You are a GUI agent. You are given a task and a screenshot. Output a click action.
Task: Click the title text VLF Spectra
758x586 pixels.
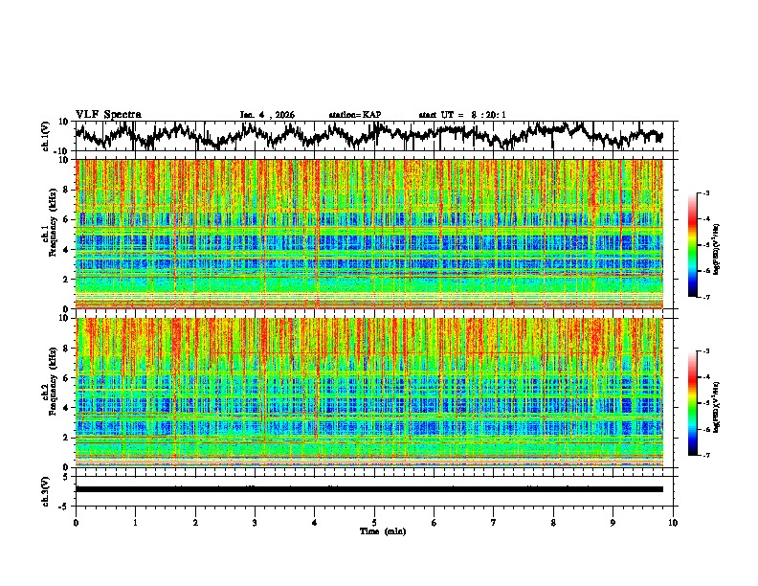point(108,114)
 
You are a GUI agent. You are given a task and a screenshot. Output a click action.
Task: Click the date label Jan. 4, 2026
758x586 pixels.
point(267,115)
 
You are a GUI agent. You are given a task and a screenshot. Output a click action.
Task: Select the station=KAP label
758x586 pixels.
point(354,115)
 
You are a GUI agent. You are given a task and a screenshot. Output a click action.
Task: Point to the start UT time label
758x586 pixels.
point(462,115)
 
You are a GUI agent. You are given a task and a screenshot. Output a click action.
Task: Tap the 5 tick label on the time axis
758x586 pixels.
point(374,522)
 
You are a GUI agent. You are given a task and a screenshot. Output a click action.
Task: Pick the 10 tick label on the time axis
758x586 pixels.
point(673,522)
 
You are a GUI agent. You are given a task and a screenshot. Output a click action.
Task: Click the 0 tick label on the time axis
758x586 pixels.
point(76,522)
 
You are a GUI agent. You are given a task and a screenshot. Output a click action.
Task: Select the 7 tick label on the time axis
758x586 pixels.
point(494,522)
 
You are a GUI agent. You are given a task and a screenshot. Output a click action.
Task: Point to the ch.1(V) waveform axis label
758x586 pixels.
point(46,137)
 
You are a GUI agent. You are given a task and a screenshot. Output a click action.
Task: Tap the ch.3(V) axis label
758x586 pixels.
point(46,489)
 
